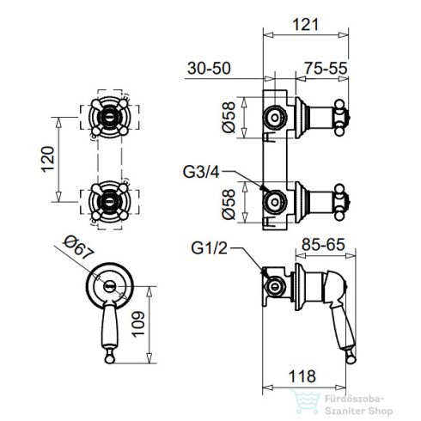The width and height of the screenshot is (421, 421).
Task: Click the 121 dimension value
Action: click(305, 24)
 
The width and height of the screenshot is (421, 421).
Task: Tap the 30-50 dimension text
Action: click(209, 69)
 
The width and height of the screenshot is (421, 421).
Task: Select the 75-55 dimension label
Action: click(326, 68)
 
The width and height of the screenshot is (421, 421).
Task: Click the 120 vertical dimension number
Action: click(48, 159)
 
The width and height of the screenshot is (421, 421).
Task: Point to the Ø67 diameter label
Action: click(78, 247)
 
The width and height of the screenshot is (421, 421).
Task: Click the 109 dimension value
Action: click(138, 324)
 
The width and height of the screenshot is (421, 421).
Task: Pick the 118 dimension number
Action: click(302, 376)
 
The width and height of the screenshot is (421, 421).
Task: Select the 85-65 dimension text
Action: click(323, 245)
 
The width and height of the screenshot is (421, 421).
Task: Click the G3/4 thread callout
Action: click(201, 172)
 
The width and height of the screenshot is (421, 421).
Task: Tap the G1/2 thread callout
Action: click(209, 248)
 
